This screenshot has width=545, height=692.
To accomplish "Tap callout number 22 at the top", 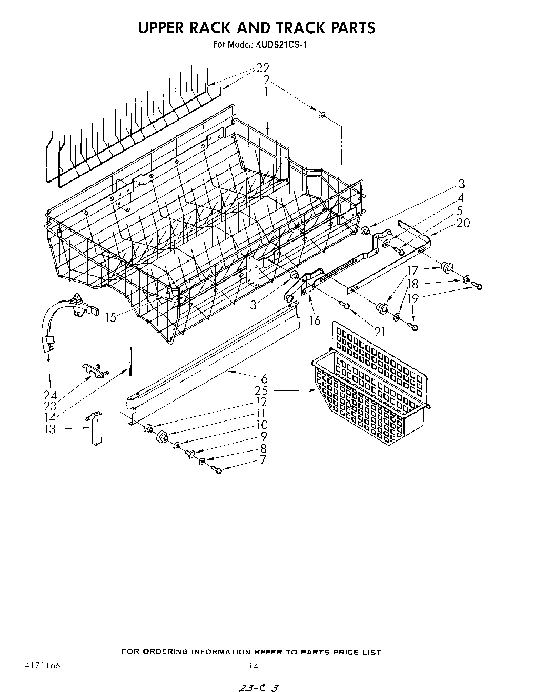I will point(262,68).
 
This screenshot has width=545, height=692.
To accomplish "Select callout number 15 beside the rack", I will point(111,318).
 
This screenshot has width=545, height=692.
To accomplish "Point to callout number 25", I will point(261,390).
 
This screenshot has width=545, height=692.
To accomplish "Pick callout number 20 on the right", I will point(463,223).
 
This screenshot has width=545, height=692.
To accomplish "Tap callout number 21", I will point(379,331).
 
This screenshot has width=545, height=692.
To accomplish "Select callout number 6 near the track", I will point(264,378).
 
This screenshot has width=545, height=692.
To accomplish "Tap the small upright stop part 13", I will point(95,428).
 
